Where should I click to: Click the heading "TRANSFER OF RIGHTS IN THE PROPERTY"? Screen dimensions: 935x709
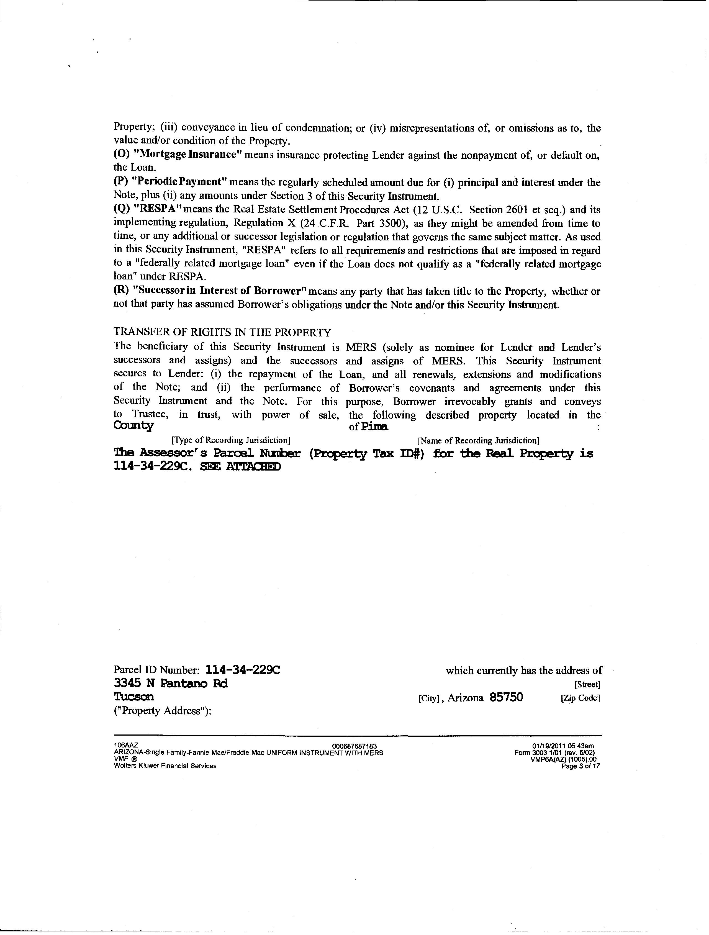click(x=222, y=332)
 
